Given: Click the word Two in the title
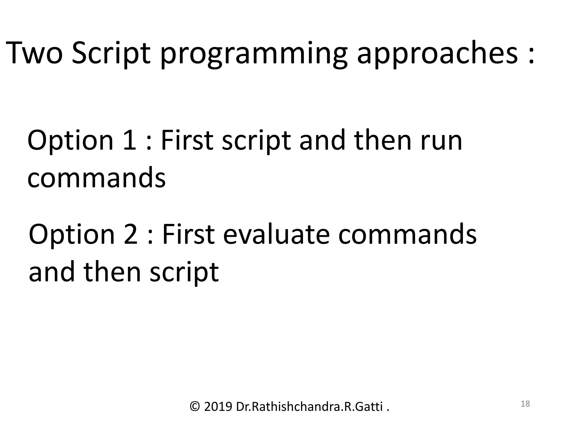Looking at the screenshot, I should click(x=34, y=53).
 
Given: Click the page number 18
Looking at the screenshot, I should click(x=525, y=404).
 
